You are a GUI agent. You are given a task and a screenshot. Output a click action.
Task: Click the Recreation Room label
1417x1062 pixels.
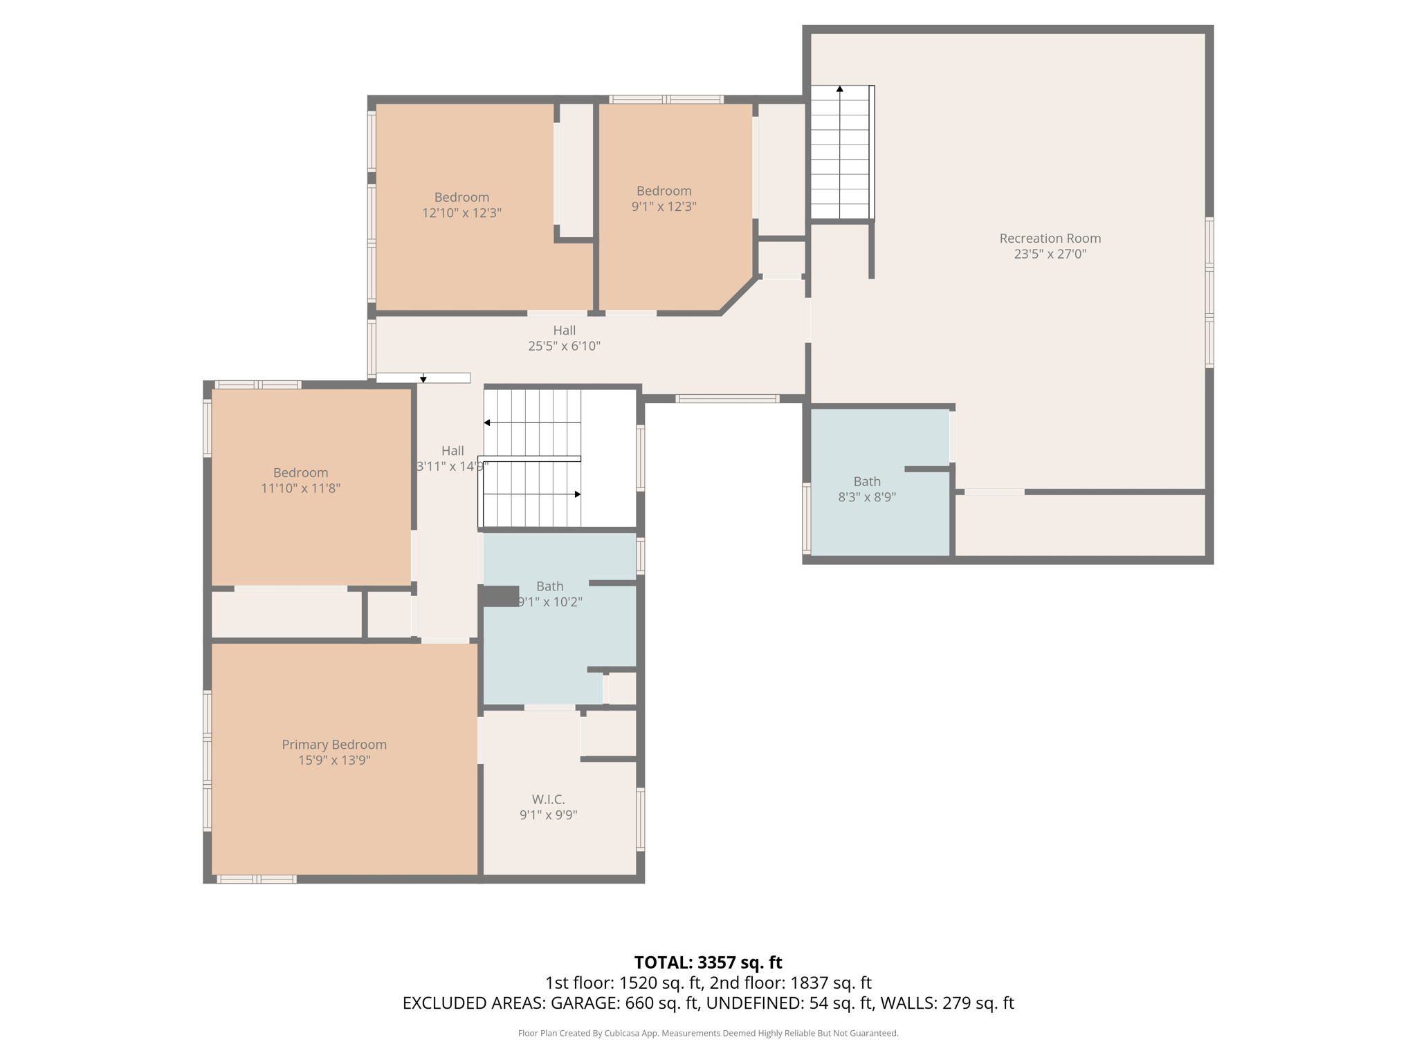click(1050, 238)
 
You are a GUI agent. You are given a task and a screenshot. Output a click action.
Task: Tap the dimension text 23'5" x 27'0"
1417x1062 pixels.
click(1050, 254)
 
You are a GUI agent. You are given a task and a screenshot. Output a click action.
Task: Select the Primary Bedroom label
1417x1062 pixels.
click(333, 744)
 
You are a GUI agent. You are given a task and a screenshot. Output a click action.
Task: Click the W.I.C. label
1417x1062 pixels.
click(548, 799)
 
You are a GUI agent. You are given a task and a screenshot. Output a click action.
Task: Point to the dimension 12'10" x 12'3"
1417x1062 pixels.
click(461, 213)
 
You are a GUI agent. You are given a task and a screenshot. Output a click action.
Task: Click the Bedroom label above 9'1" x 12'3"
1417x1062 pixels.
click(664, 190)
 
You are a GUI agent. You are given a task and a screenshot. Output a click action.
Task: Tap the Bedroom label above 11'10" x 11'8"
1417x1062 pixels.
click(300, 472)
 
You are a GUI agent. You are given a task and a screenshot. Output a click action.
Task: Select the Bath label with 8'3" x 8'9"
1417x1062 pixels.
click(866, 481)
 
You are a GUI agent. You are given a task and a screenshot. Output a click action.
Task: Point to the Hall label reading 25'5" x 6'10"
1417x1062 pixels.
click(564, 330)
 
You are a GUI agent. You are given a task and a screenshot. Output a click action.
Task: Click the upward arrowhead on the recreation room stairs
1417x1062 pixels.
click(839, 89)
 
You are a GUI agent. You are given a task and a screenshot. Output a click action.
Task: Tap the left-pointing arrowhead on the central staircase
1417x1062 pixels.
click(487, 422)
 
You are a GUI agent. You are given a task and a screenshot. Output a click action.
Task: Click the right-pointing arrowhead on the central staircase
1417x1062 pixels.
click(577, 494)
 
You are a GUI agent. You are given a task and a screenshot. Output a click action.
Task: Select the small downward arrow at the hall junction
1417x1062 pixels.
click(423, 380)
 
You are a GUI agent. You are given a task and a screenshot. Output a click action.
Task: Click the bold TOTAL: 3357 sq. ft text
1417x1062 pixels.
click(708, 962)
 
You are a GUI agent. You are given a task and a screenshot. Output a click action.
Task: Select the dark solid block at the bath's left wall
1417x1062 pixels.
click(500, 596)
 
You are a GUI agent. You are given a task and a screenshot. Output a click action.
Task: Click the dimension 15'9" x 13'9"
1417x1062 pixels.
click(334, 760)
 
